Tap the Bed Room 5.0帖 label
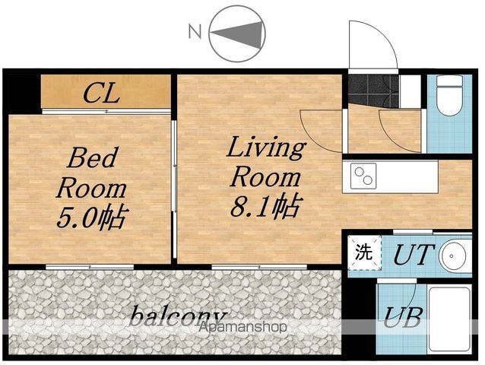(92, 188)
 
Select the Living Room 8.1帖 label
(266, 177)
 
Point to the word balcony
(177, 316)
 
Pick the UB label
(403, 317)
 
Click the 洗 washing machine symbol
(364, 252)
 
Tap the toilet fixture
(449, 95)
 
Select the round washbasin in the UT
(454, 255)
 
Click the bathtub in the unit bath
(449, 319)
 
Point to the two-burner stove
(363, 176)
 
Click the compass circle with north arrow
(237, 33)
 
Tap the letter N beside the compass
(195, 31)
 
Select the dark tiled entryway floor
(373, 90)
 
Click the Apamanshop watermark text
(242, 327)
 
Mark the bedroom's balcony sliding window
(90, 267)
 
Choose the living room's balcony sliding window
(259, 267)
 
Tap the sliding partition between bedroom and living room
(174, 189)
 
